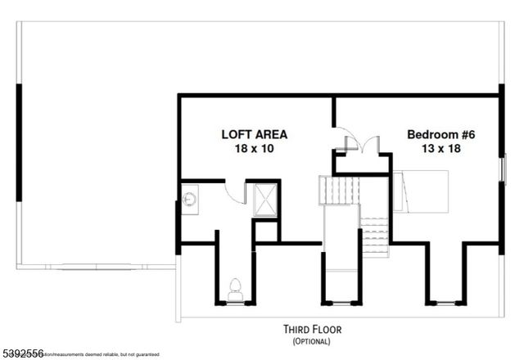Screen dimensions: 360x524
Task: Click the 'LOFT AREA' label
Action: click(254, 134)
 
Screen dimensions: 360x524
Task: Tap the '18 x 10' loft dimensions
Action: click(254, 149)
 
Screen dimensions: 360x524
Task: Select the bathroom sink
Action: click(189, 198)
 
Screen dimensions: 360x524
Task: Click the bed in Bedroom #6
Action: click(421, 191)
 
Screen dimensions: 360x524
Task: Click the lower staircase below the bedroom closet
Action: click(374, 236)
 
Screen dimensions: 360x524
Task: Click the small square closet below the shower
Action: click(267, 231)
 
